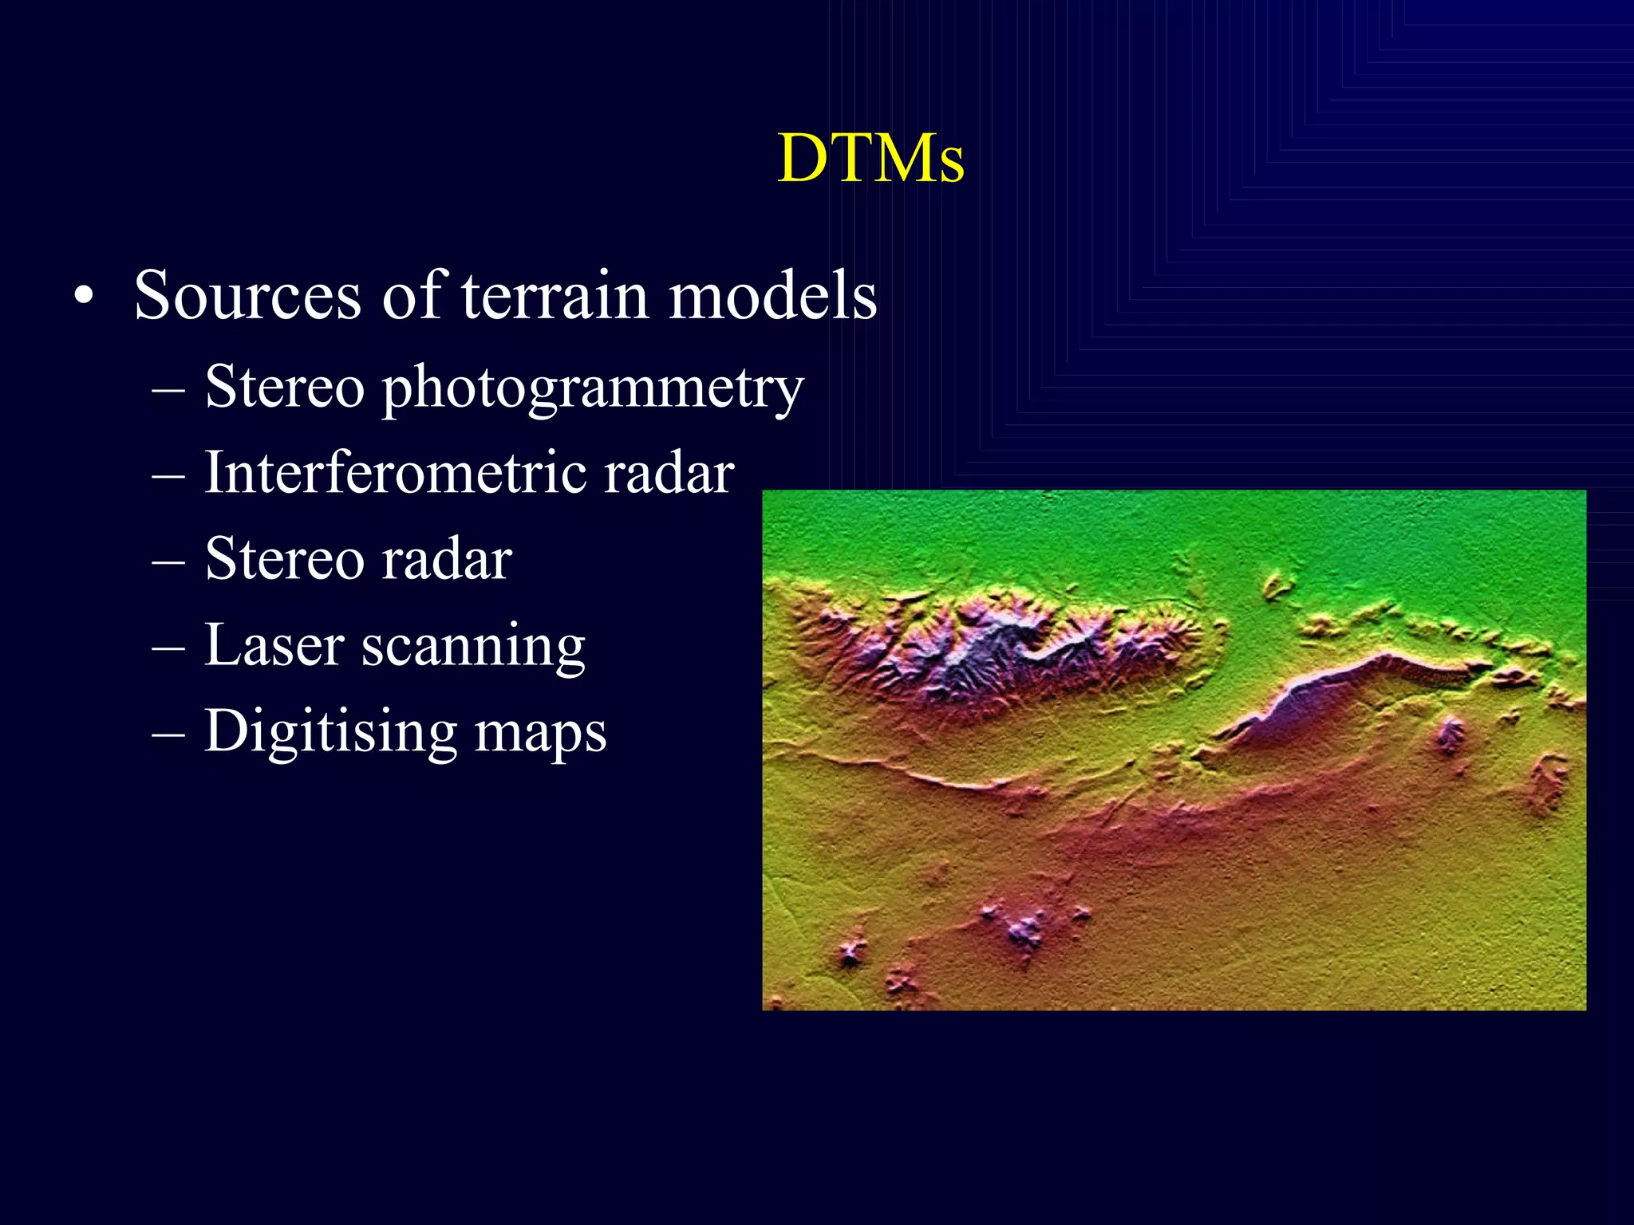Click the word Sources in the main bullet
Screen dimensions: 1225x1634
click(247, 296)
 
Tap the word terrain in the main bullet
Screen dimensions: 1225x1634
click(555, 296)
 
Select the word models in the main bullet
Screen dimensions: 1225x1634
click(772, 296)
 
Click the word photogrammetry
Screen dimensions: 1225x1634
click(593, 388)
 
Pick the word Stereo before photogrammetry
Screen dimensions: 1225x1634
click(285, 387)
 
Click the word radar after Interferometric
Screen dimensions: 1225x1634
click(669, 474)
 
